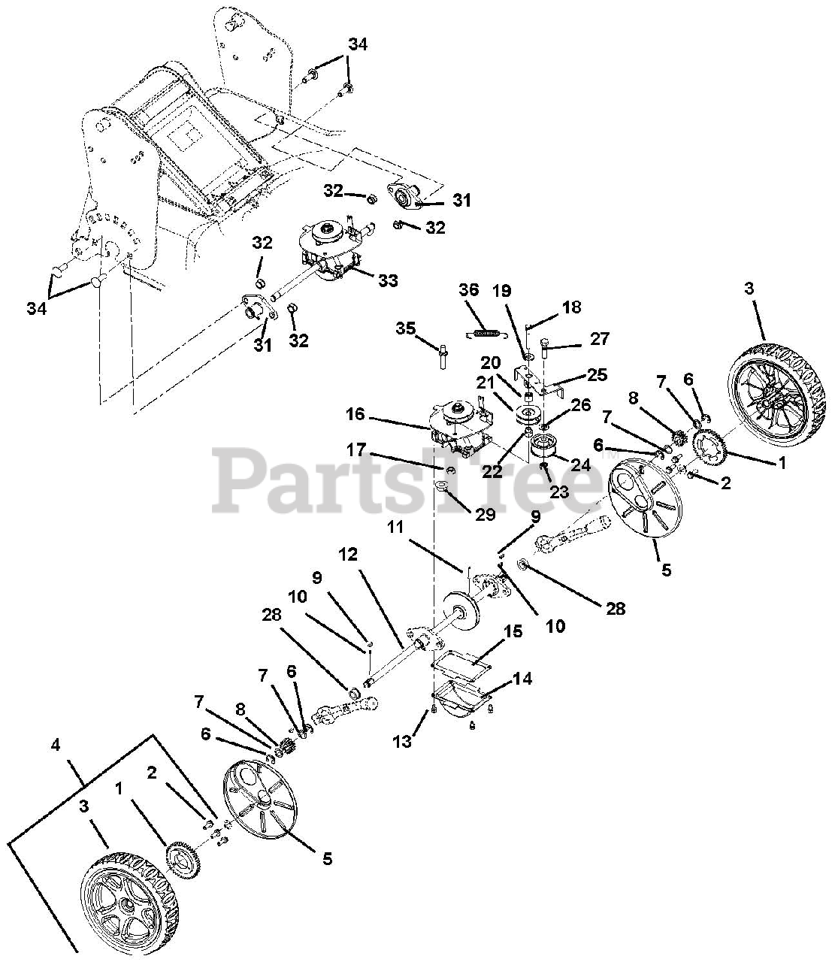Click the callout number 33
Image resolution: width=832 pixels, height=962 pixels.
(388, 281)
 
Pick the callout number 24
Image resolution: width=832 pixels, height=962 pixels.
(581, 464)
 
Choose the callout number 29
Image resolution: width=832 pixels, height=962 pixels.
(485, 514)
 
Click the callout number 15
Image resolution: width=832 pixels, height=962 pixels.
(513, 632)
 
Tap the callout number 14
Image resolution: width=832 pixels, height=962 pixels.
(522, 679)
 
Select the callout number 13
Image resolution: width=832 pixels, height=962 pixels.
(404, 741)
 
